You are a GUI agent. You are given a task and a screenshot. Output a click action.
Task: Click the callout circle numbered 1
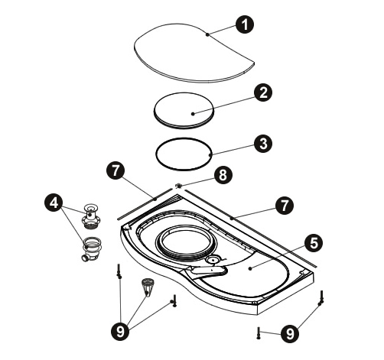click(245, 24)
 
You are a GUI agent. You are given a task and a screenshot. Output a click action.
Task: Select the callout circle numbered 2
click(263, 92)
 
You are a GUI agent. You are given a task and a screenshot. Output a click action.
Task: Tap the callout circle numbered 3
click(263, 144)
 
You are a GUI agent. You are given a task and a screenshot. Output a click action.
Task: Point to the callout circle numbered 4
click(54, 203)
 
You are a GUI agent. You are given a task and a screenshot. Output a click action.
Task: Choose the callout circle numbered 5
click(314, 243)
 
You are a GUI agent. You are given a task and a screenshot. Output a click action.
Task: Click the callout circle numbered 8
click(223, 175)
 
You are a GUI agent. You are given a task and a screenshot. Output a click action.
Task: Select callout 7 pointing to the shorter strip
click(116, 170)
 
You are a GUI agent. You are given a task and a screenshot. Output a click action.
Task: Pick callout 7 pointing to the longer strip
click(285, 206)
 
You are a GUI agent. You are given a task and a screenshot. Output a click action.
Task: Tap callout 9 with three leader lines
click(120, 331)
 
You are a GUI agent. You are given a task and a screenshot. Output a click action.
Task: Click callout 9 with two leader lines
click(290, 333)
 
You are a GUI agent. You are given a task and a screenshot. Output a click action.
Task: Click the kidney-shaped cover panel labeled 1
click(194, 54)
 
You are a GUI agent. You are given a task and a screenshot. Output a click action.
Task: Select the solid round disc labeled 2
click(184, 111)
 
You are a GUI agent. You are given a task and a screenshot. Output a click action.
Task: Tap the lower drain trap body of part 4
click(92, 248)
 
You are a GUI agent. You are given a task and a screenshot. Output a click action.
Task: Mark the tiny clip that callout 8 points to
click(179, 186)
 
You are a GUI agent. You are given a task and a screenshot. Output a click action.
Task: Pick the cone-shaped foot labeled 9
click(148, 287)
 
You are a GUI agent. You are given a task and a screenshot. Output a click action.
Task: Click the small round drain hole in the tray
click(212, 260)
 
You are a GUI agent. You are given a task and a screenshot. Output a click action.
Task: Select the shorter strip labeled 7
click(145, 204)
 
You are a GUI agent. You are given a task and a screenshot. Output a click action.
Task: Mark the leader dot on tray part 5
click(250, 268)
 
